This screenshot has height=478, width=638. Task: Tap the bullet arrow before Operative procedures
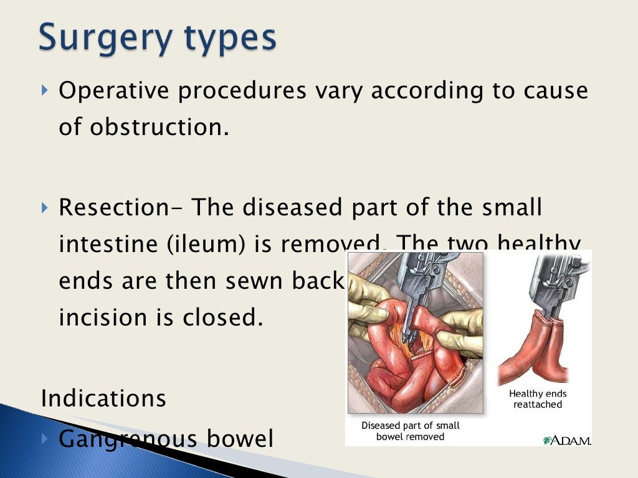tap(44, 91)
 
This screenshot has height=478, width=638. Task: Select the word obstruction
tap(159, 127)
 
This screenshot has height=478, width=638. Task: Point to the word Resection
tap(115, 207)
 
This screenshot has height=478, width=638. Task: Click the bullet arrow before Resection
tap(44, 207)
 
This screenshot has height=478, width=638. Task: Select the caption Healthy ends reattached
tap(538, 399)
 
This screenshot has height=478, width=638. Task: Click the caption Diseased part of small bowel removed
tap(411, 431)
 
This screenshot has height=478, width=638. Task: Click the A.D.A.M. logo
tap(567, 440)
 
